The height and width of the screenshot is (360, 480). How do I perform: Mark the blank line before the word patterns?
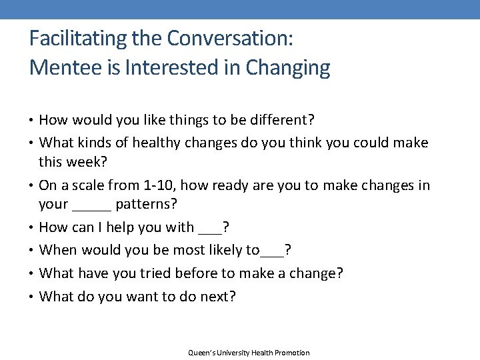(x=91, y=208)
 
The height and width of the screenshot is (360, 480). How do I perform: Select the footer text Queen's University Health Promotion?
(x=249, y=353)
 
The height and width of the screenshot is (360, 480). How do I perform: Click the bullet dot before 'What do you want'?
(x=33, y=296)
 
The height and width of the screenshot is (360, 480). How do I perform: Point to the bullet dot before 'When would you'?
(x=33, y=250)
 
